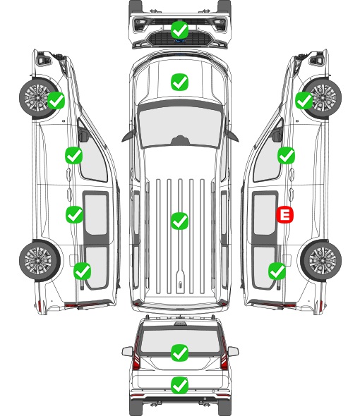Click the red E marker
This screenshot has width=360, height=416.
284,214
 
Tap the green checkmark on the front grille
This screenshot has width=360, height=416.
179,30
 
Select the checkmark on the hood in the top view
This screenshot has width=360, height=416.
179,82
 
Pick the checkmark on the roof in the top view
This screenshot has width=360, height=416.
179,221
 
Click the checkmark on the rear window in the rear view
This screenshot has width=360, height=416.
179,353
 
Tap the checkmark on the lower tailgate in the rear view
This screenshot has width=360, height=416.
179,385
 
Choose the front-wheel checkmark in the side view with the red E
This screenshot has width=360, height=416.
304,100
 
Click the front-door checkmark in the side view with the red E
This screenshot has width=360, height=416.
286,155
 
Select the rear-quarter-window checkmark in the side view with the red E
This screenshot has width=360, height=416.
277,271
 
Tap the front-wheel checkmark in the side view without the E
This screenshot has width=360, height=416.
56,100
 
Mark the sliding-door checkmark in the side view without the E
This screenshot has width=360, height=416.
74,214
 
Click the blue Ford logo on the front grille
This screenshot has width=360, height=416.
180,41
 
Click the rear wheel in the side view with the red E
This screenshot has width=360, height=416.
321,261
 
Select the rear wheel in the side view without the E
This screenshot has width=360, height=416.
40,261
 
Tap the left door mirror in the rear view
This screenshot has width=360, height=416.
127,351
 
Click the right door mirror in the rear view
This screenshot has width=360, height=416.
233,351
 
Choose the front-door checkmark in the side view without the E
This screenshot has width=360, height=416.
74,155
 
